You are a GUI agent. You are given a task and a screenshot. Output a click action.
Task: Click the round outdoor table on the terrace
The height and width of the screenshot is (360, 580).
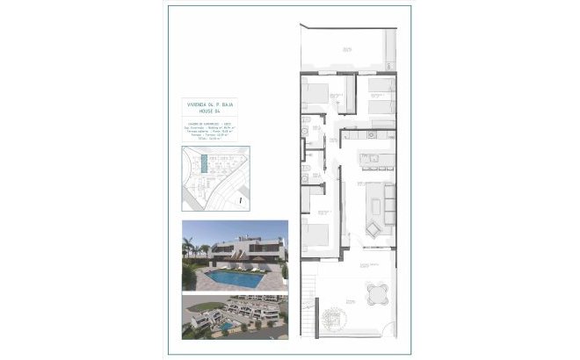pyautogui.click(x=376, y=290)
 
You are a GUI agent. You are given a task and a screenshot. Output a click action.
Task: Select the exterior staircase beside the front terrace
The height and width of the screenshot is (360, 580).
pyautogui.click(x=308, y=303)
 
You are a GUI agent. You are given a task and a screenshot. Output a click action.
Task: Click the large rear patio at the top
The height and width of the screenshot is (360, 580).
pyautogui.click(x=344, y=50)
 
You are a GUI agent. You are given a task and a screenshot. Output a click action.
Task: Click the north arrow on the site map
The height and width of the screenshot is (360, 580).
pyautogui.click(x=240, y=199)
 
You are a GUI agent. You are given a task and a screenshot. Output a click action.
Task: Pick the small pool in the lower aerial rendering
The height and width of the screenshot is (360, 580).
pyautogui.click(x=226, y=326)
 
